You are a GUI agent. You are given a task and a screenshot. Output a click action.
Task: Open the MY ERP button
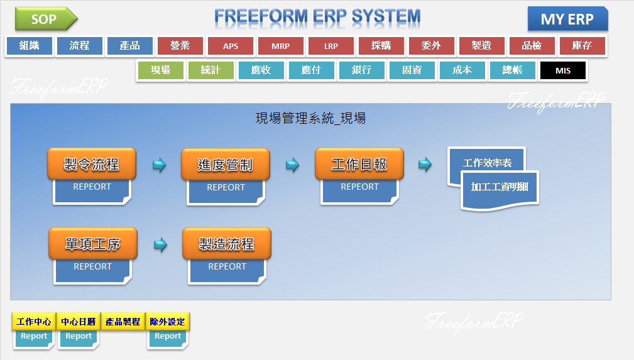567,19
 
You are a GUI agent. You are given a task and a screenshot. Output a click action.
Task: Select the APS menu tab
231,46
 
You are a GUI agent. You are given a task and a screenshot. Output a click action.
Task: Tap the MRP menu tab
281,46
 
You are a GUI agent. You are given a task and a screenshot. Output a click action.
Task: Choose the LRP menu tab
331,46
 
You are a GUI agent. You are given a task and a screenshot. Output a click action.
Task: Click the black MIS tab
563,70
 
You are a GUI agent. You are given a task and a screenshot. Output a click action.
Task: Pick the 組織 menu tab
30,46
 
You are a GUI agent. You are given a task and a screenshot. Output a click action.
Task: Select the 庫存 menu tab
582,46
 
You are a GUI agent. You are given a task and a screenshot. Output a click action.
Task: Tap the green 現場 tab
160,70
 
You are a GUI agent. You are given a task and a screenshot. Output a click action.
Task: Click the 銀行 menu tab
361,70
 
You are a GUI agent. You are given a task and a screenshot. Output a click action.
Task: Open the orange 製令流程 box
92,165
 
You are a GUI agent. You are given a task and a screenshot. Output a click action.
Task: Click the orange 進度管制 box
226,165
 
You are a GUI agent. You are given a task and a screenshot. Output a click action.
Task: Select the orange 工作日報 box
359,165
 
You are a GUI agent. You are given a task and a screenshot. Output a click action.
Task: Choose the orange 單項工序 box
92,244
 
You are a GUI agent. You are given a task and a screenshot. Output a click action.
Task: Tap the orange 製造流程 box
227,244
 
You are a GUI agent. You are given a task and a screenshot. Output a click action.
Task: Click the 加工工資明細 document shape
500,187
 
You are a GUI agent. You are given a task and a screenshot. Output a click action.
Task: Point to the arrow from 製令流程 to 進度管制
160,165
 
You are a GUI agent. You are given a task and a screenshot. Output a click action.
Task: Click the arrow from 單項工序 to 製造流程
161,245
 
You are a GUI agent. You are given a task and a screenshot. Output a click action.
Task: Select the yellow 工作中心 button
34,322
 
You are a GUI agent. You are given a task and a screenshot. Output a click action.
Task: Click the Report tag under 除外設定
168,337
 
